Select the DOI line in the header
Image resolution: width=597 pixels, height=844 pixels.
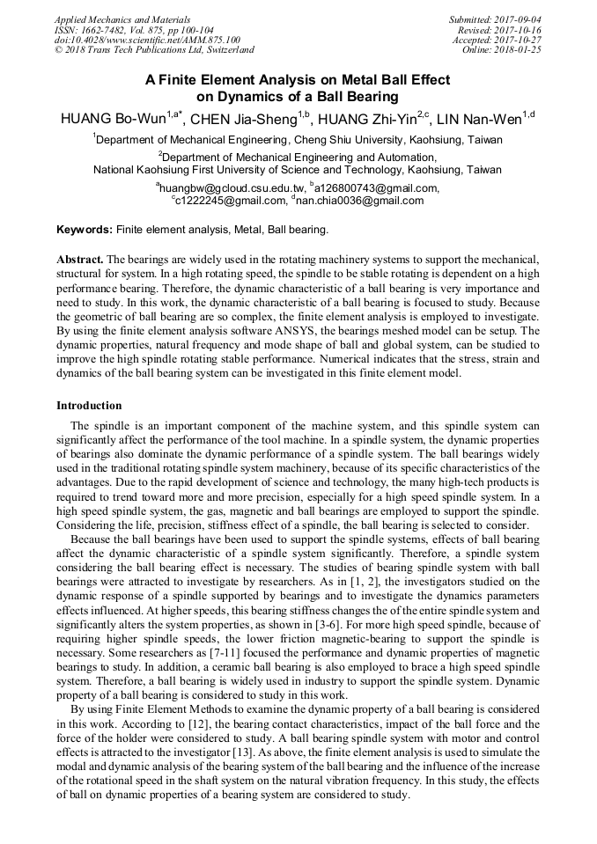coord(147,40)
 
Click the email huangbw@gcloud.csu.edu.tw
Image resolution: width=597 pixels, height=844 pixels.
coord(232,187)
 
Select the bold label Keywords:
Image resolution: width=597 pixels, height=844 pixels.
coord(85,230)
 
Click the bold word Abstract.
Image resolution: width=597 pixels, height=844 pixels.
coord(80,261)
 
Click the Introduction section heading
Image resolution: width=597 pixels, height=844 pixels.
coord(89,406)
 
